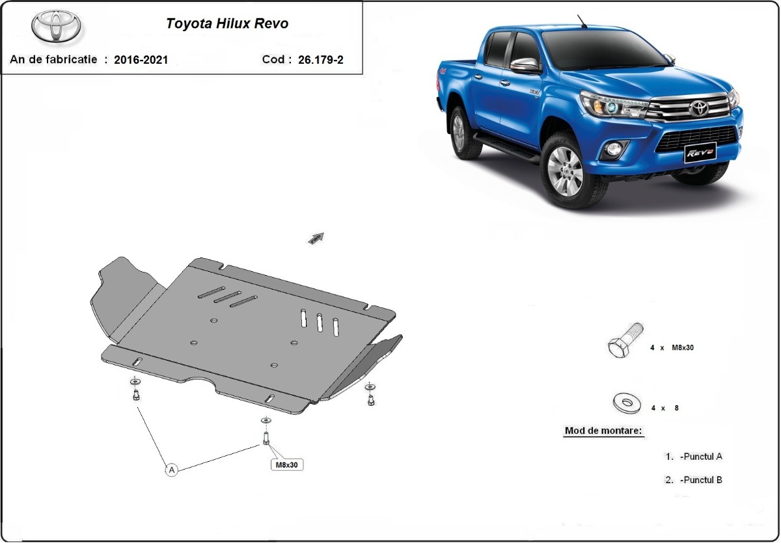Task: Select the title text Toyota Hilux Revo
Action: coord(227,24)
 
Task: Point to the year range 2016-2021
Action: coord(141,60)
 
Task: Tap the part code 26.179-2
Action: coord(320,60)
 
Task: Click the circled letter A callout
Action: coord(171,469)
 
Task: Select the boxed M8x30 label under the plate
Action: coord(287,465)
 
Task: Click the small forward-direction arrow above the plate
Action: coord(316,239)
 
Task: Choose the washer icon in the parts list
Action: coord(627,403)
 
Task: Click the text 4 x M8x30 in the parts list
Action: coord(672,348)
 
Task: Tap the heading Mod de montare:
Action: coord(603,430)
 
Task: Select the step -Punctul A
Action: coord(700,457)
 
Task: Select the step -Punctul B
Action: coord(700,480)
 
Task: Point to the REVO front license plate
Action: coord(698,153)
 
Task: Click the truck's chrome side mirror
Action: coord(526,65)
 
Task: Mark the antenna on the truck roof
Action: coord(581,21)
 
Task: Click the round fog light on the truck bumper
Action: coord(614,150)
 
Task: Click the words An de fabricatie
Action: coord(53,60)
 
